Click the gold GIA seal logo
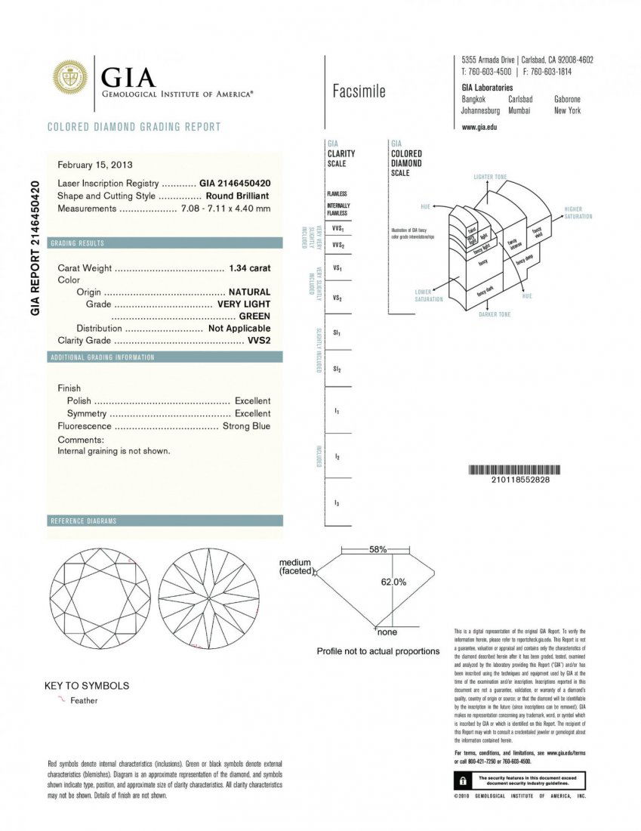69,79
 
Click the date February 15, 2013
95,164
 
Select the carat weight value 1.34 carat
249,268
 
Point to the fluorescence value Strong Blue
246,427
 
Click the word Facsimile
359,92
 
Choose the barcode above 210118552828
510,470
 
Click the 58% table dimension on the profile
378,549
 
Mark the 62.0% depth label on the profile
393,582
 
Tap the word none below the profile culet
387,632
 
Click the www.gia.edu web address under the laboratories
479,128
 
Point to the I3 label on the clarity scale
337,502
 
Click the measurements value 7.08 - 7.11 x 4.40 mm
226,209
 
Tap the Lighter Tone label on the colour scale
490,177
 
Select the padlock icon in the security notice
460,780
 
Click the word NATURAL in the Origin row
249,292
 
